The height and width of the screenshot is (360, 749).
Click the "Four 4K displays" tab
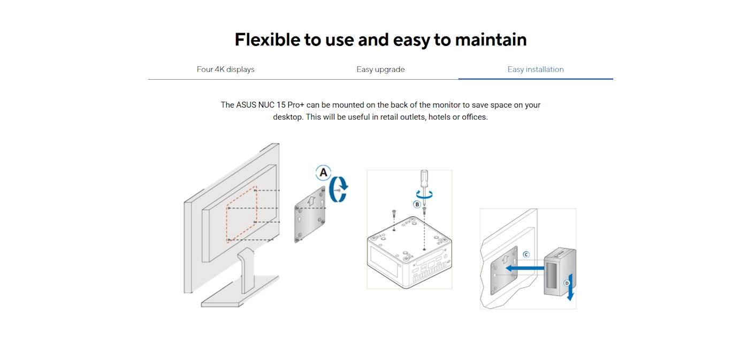[225, 69]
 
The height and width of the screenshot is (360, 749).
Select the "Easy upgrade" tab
[380, 69]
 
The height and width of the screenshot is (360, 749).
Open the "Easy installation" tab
[536, 69]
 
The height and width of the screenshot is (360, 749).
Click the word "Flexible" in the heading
[267, 40]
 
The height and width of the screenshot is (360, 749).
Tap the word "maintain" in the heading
[491, 40]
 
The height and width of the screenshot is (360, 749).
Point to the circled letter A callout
[323, 172]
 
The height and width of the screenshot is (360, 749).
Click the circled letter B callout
[417, 204]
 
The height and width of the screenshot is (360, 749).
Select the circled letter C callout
[526, 255]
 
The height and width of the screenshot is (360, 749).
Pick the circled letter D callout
[567, 283]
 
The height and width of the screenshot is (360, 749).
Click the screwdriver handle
[424, 179]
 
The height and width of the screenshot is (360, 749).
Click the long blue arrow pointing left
[525, 268]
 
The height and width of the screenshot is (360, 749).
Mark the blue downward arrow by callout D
[571, 287]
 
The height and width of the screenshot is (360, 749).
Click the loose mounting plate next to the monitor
[310, 215]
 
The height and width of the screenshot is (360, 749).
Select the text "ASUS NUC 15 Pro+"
[270, 105]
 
